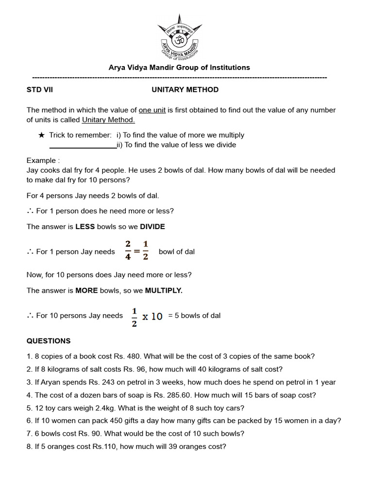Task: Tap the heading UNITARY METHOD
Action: coord(185,89)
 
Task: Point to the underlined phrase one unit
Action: coord(152,110)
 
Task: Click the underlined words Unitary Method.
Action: coord(108,120)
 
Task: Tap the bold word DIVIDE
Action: coord(153,227)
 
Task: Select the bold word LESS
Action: coord(85,227)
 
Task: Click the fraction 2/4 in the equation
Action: coord(128,250)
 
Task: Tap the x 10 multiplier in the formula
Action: coord(152,316)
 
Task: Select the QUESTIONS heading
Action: coord(49,341)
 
